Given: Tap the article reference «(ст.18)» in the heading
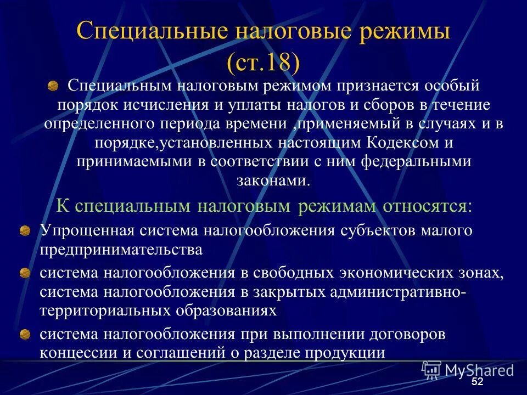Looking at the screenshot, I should pyautogui.click(x=263, y=62).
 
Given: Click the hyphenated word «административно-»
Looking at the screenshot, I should pyautogui.click(x=399, y=291).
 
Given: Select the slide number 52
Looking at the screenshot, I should pyautogui.click(x=478, y=382).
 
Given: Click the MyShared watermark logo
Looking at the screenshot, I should pyautogui.click(x=468, y=370).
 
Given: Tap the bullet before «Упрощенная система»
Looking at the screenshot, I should pyautogui.click(x=25, y=232).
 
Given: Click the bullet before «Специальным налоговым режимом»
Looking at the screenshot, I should pyautogui.click(x=53, y=86).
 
